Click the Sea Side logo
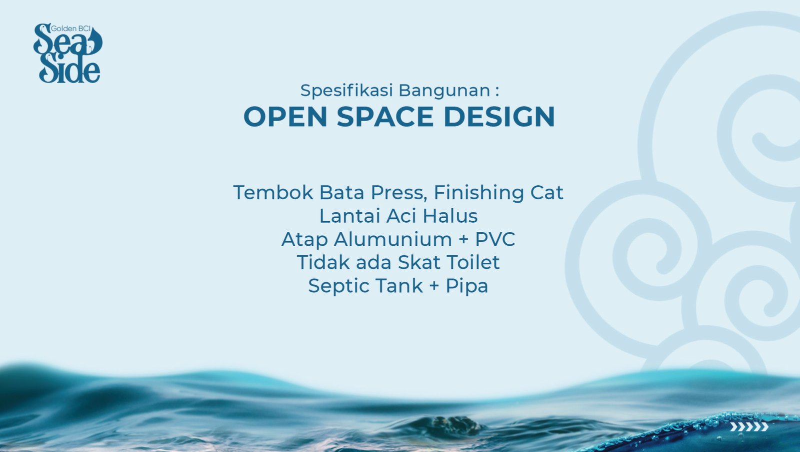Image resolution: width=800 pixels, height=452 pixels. click(x=67, y=53)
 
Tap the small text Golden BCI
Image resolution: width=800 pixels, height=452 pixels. click(x=70, y=29)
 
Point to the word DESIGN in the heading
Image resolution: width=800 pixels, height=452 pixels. click(x=499, y=117)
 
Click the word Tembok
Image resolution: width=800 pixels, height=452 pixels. click(x=273, y=192)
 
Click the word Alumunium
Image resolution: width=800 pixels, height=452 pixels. click(x=393, y=239)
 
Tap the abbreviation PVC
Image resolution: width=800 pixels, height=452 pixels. click(x=495, y=239)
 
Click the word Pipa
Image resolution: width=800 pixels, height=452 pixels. click(x=467, y=286)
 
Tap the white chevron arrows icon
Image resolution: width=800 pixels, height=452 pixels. click(x=749, y=427)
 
